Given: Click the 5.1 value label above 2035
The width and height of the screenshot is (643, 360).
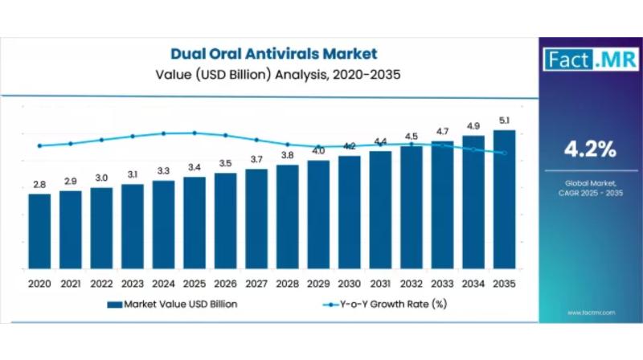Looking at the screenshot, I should click(504, 121).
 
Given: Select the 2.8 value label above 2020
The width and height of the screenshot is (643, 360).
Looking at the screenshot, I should click(39, 185).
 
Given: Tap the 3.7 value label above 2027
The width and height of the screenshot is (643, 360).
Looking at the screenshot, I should click(256, 159).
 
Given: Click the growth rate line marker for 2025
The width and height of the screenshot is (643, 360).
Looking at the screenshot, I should click(195, 133).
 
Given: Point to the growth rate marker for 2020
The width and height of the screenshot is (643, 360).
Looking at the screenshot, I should click(39, 146).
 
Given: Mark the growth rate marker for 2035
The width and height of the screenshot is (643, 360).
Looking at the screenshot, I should click(504, 153).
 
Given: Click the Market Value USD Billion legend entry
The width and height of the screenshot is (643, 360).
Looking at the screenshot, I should click(172, 304).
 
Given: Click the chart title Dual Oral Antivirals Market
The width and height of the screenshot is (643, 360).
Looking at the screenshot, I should click(273, 55).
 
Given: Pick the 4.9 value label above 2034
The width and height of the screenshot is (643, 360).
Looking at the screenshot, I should click(473, 126).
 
